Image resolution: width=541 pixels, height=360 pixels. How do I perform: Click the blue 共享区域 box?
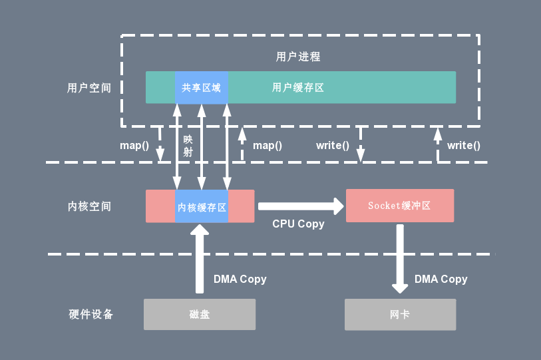[x=202, y=87]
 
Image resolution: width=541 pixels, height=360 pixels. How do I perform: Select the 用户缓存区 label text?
[x=297, y=88]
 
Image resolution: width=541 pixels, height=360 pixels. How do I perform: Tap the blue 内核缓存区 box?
[x=202, y=206]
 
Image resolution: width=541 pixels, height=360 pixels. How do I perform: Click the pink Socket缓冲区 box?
[x=400, y=206]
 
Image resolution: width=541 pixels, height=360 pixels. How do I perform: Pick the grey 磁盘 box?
[x=200, y=315]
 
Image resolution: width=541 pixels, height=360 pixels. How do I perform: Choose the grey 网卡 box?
[x=400, y=315]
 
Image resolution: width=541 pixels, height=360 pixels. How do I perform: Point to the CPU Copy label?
[x=298, y=224]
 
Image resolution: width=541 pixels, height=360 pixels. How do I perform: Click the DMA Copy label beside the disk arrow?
[x=240, y=279]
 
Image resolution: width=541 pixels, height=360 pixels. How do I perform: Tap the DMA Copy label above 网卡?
[x=441, y=279]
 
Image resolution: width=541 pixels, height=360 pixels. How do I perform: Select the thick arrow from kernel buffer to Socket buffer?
[x=301, y=206]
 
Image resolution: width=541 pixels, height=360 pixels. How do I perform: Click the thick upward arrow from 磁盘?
[x=200, y=259]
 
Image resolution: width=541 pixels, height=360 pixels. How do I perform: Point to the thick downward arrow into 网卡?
[x=400, y=259]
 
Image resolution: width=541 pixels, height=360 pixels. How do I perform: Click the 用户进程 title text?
[x=298, y=57]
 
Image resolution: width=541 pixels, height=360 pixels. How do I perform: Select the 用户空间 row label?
[x=89, y=88]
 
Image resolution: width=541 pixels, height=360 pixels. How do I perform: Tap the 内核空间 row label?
[x=89, y=206]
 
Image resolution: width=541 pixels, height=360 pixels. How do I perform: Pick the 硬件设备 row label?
[x=90, y=315]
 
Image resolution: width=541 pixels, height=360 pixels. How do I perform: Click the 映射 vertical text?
[x=188, y=146]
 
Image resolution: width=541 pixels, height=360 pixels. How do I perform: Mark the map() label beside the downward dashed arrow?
[x=134, y=146]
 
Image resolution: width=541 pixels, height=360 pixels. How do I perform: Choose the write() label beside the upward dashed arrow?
[x=464, y=146]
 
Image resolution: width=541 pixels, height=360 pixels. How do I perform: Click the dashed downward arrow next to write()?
[x=361, y=144]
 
